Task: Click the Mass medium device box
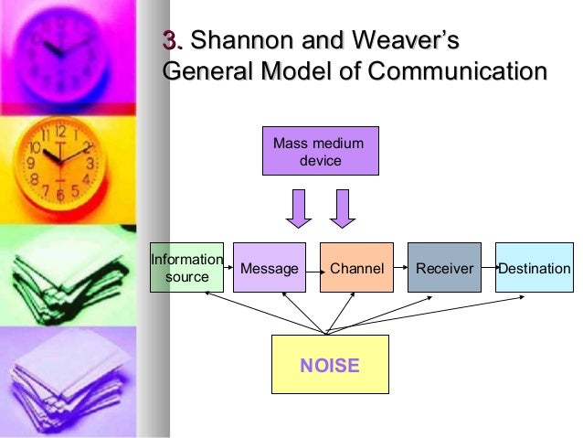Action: click(320, 151)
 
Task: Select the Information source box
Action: click(186, 268)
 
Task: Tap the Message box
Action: click(270, 268)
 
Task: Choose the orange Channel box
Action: click(356, 268)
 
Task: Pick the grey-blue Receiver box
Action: click(444, 268)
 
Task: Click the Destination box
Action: click(534, 268)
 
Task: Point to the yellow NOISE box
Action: click(330, 364)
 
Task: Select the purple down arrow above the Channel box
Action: click(344, 208)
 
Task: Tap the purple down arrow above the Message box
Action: click(299, 208)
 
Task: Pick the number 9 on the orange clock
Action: click(31, 164)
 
